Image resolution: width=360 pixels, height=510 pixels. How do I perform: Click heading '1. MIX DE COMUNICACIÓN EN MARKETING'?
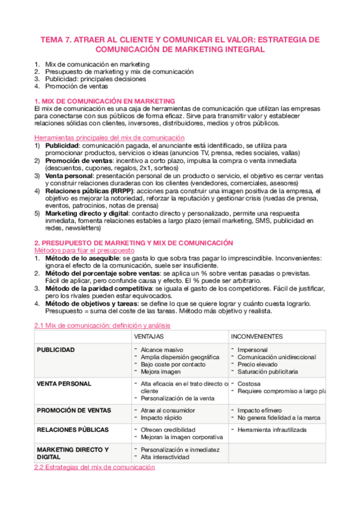point(105,100)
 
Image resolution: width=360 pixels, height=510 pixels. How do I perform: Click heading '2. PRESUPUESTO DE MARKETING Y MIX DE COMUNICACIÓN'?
point(133,243)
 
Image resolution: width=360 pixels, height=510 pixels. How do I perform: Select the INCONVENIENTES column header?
point(257,336)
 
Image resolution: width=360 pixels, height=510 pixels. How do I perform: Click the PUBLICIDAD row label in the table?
point(55,349)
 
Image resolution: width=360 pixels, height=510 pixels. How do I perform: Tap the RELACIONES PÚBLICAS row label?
point(73,430)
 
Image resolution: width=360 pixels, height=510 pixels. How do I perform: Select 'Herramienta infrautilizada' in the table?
point(272,430)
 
